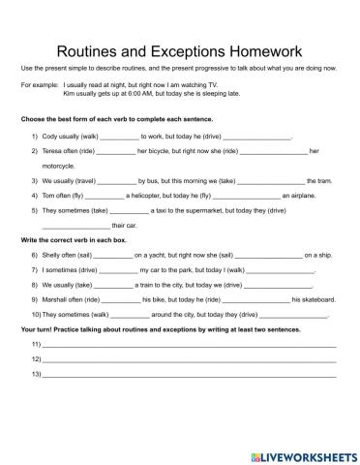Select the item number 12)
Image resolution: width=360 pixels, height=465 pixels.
36,358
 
